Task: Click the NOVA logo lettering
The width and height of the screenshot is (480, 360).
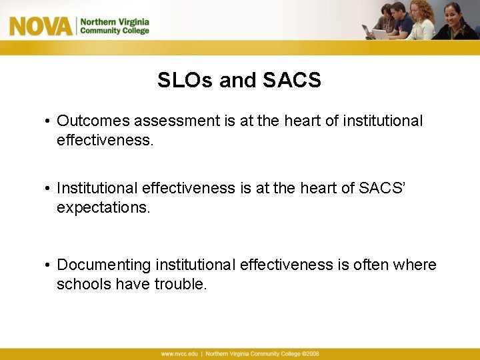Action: coord(40,26)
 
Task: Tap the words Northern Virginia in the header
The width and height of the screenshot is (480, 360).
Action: coord(115,21)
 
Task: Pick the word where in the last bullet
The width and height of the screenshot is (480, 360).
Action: coord(415,265)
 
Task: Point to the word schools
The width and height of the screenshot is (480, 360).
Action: coord(83,284)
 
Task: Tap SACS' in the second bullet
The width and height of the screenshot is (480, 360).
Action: coord(382,189)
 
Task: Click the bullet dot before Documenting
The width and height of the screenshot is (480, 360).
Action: coord(49,265)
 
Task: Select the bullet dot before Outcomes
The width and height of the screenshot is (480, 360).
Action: coord(49,121)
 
